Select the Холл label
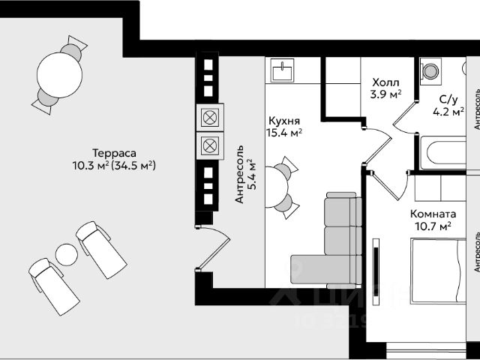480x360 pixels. click(x=385, y=82)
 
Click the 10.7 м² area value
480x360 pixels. click(x=433, y=225)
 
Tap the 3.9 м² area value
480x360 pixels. click(x=386, y=94)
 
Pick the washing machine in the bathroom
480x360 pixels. click(x=433, y=71)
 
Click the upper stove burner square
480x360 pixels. click(x=209, y=118)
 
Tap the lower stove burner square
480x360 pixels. click(x=209, y=145)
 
